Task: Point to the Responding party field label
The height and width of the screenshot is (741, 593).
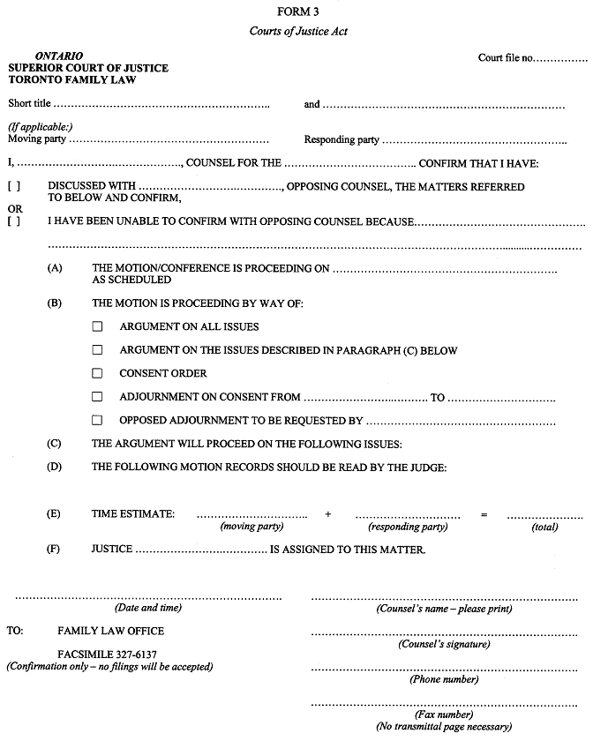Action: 342,139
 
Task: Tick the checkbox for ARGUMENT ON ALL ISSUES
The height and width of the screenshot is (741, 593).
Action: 97,326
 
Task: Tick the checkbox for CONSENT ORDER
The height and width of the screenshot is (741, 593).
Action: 97,373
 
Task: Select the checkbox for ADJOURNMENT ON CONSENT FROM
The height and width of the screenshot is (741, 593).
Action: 97,397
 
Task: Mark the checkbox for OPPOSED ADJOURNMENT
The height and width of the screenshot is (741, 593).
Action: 97,421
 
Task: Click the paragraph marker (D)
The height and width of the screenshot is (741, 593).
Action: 55,467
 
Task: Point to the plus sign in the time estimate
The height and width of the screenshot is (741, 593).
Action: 327,513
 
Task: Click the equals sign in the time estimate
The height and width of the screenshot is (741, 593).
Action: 483,513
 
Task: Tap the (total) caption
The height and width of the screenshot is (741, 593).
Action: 544,527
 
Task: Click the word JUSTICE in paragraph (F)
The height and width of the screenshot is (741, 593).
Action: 112,549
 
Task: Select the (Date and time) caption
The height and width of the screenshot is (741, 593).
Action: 147,608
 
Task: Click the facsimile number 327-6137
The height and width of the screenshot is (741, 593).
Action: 133,655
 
